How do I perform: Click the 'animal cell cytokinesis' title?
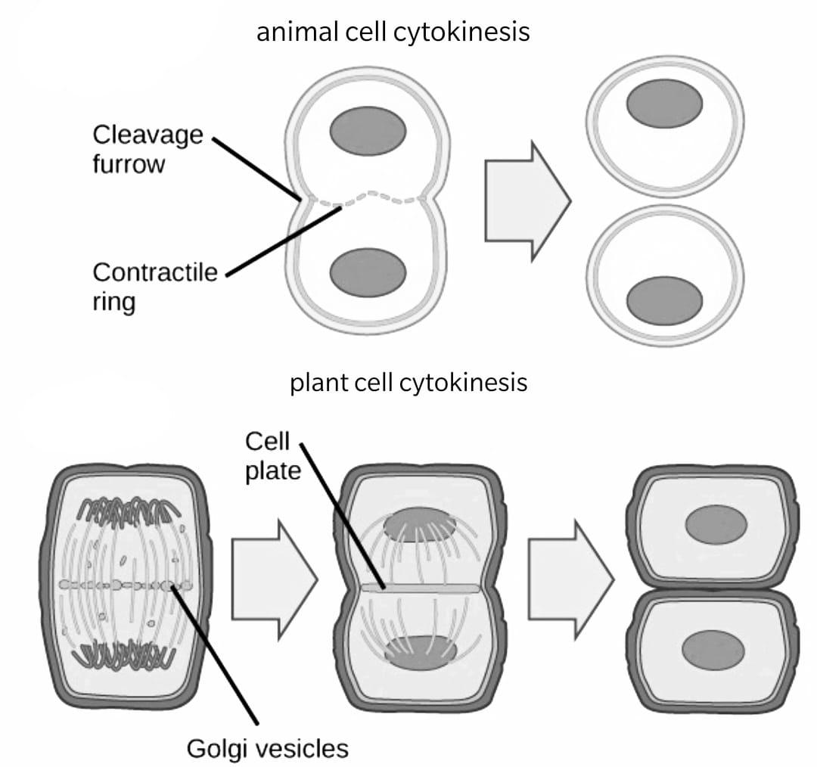click(393, 33)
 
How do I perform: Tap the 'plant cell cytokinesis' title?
click(408, 383)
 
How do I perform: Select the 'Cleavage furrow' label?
click(148, 149)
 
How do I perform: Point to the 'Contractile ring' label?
click(154, 286)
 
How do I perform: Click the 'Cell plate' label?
click(272, 456)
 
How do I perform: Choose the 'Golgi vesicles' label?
click(267, 749)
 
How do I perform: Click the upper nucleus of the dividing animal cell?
click(368, 130)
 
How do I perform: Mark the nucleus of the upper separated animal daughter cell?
click(664, 103)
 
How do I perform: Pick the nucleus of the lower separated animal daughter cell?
click(664, 300)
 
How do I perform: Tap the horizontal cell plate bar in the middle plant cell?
click(421, 588)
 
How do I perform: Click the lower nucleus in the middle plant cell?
click(421, 652)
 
